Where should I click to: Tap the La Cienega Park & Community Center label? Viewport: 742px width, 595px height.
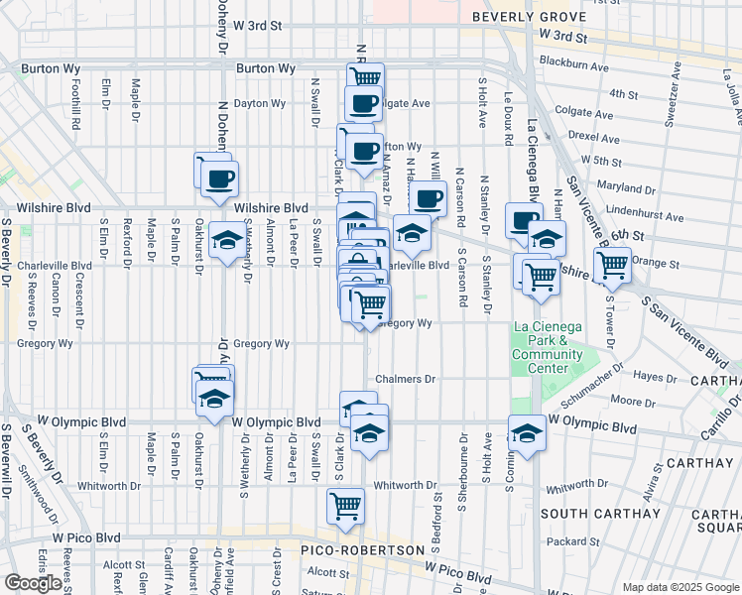coord(548,347)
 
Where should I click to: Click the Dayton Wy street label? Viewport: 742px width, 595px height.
coord(260,103)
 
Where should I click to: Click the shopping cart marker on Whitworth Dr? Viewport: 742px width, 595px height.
coord(345,505)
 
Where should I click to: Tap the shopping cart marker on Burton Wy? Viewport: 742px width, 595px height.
coord(366,76)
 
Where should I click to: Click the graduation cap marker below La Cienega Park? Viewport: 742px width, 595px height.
coord(526,432)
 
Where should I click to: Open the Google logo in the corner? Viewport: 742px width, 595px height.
coord(33,583)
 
